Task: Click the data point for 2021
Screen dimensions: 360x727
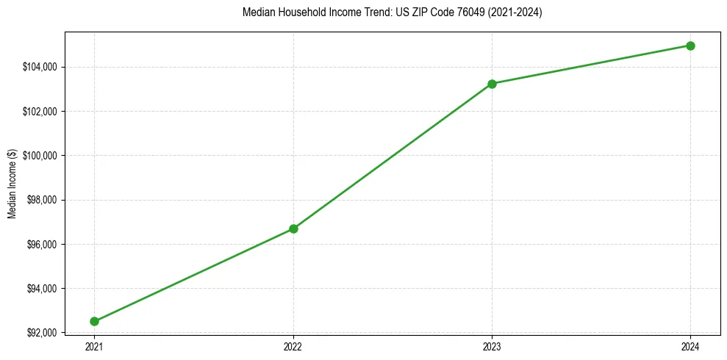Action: tap(94, 321)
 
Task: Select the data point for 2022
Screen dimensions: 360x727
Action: tap(293, 228)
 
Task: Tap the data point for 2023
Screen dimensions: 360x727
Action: tap(492, 84)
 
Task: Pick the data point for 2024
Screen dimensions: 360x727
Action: tap(690, 46)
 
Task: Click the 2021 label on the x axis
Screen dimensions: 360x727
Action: tap(94, 345)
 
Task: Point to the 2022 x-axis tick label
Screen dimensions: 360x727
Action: tap(293, 345)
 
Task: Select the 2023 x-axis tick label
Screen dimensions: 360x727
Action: tap(492, 345)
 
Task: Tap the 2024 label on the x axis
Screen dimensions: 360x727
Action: tap(690, 345)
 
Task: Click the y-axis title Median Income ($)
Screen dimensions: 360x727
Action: tap(12, 183)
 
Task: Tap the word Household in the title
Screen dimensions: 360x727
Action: tap(303, 13)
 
